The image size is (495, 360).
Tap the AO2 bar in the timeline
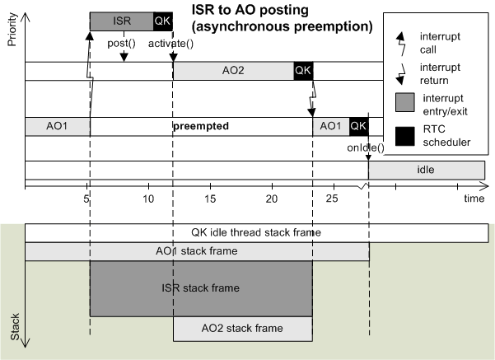coord(233,71)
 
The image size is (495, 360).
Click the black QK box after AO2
coord(303,71)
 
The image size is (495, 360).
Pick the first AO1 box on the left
coord(57,127)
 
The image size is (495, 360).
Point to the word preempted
coord(200,127)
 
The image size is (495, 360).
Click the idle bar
coord(425,171)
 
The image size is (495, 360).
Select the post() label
coord(122,43)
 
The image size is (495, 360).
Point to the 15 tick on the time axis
coord(210,199)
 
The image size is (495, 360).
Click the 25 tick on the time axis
coord(333,199)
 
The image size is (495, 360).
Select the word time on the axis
coord(474,199)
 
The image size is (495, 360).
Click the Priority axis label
coord(12,29)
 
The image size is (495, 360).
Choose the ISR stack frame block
coord(201,288)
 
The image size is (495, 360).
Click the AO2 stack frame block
coord(242,329)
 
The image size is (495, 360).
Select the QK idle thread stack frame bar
coord(255,232)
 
